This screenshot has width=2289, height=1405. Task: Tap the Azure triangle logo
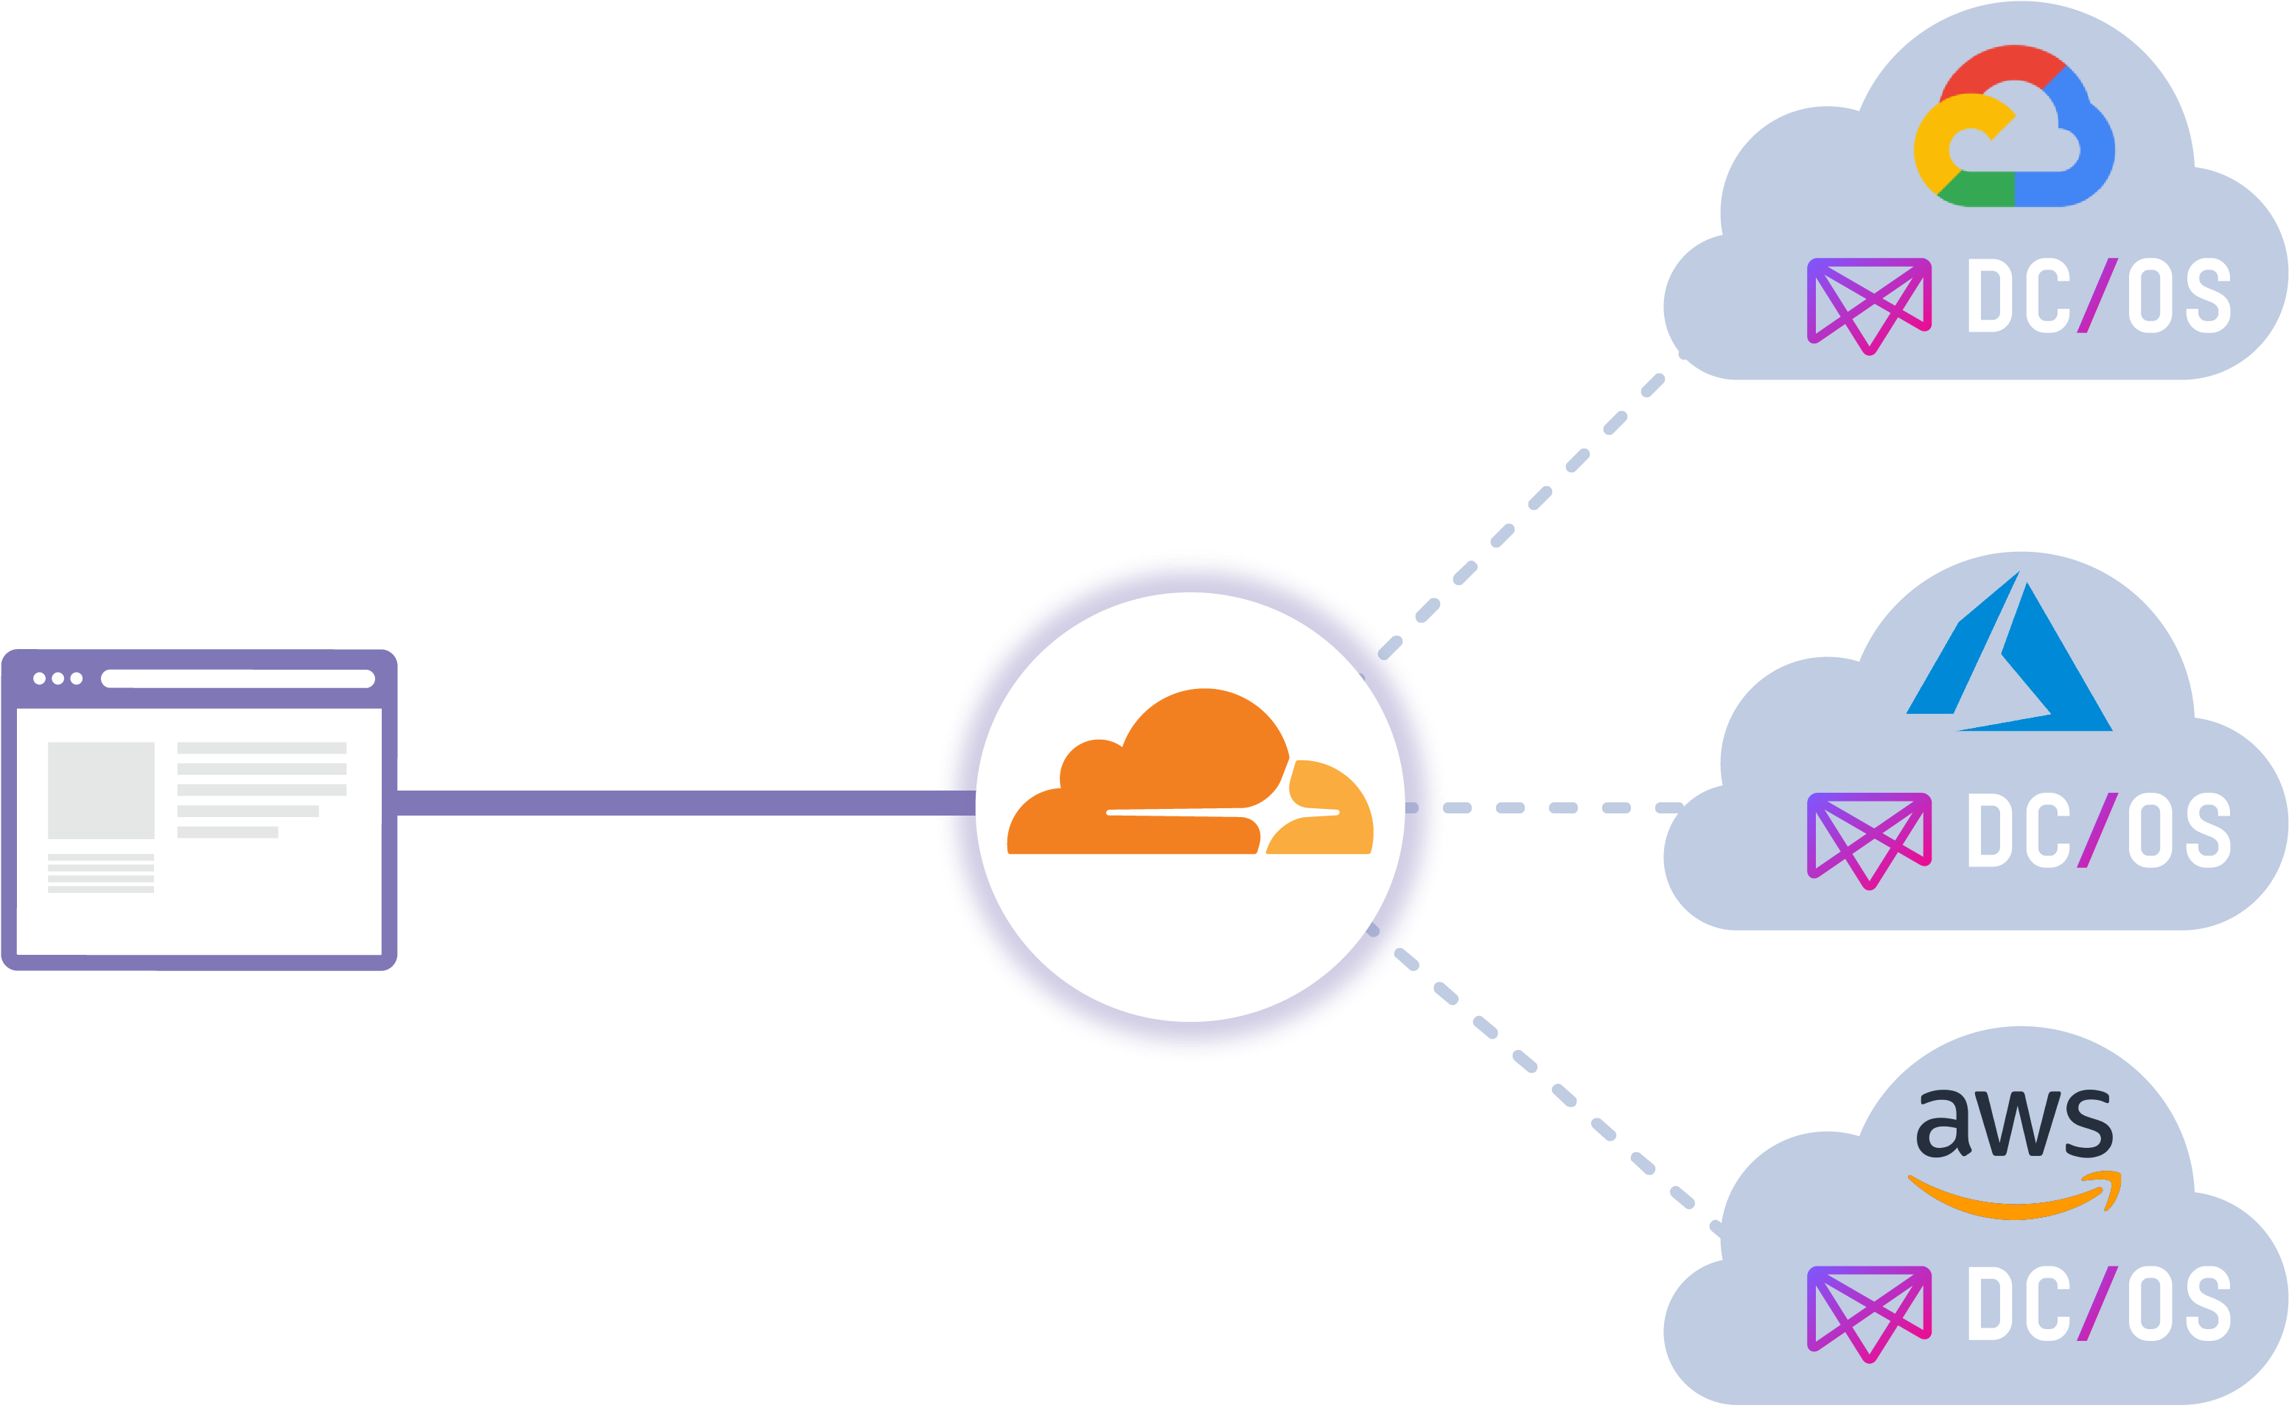(x=2007, y=659)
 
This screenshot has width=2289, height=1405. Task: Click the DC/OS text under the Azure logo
(x=2098, y=831)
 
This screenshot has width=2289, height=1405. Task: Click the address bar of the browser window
(x=237, y=679)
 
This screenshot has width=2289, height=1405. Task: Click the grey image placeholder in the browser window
(x=100, y=790)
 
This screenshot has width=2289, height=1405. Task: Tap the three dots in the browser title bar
(x=57, y=679)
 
